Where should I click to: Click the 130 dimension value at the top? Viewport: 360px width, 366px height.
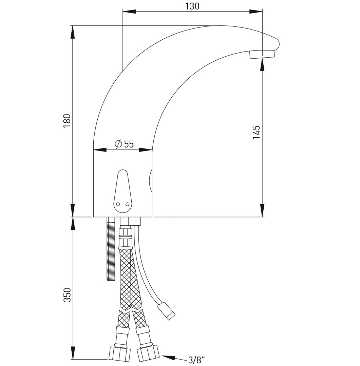192,6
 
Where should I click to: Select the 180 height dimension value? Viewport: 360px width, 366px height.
67,121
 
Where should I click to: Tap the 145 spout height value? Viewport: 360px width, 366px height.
257,132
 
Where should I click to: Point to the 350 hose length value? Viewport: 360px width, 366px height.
67,295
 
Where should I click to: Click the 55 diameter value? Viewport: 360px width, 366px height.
129,144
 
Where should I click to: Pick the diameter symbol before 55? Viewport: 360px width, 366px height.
118,144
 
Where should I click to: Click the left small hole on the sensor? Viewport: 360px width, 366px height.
118,204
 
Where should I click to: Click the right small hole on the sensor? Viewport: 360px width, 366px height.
127,204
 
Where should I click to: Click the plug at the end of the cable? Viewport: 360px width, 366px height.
166,311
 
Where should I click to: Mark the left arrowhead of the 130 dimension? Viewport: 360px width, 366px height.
129,12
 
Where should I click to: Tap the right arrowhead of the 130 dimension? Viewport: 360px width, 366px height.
256,12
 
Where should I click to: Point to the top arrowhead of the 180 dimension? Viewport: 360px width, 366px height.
73,32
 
